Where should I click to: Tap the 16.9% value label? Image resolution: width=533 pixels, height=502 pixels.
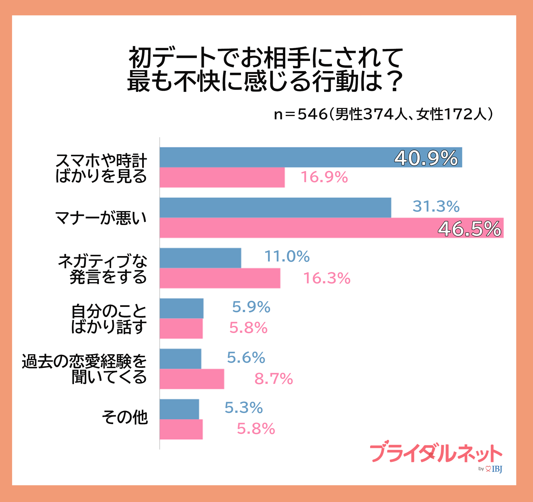[324, 177]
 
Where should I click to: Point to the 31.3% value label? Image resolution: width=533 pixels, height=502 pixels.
[436, 206]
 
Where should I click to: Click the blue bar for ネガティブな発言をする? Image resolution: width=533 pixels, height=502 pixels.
[200, 258]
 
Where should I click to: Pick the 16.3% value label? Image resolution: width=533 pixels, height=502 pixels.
[326, 278]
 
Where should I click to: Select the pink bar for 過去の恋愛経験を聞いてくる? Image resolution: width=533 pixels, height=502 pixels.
[192, 379]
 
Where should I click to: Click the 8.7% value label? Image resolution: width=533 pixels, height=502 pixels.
[273, 379]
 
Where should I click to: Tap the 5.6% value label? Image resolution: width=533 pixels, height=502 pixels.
[246, 358]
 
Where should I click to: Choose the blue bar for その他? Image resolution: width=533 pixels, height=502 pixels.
[179, 409]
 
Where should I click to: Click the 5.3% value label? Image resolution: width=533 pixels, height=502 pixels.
[244, 408]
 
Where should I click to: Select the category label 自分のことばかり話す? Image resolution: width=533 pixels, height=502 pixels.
[109, 319]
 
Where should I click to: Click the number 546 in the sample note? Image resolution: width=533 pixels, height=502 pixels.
[312, 114]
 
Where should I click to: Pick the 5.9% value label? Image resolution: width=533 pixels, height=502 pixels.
[251, 307]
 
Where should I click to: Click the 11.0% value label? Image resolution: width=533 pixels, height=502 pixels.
[287, 257]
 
